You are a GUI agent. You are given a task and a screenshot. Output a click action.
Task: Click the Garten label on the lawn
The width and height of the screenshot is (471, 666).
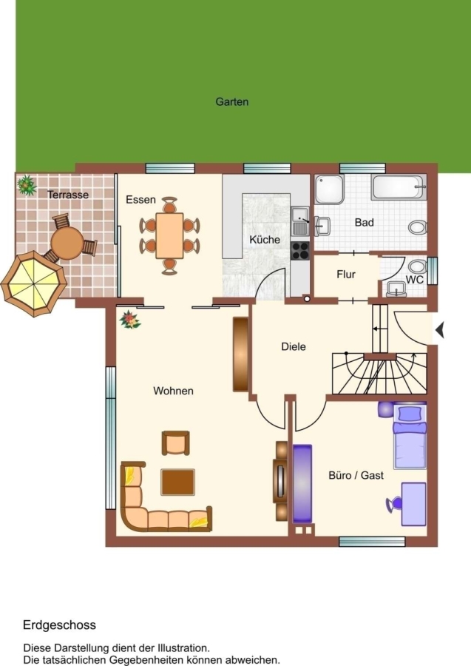click(231, 102)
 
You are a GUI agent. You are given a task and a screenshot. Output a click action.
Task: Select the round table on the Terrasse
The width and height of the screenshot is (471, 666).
click(67, 243)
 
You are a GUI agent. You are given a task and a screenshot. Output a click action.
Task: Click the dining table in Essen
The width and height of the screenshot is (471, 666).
click(169, 236)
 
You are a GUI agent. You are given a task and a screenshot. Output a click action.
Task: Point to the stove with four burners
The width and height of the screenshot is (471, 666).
click(300, 250)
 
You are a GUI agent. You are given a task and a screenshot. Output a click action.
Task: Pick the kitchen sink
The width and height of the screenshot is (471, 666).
click(300, 221)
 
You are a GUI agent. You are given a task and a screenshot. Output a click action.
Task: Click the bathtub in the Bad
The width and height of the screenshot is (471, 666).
click(399, 187)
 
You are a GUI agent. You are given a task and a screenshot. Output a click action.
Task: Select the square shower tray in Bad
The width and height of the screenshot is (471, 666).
click(329, 189)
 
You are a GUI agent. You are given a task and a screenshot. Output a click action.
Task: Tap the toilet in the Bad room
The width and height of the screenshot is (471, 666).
click(419, 227)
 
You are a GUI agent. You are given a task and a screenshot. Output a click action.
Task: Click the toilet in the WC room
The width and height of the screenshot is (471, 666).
click(418, 266)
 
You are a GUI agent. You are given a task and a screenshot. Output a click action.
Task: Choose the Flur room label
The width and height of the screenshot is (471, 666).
click(346, 275)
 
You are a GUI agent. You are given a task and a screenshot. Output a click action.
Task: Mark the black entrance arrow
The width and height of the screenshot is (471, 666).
click(440, 329)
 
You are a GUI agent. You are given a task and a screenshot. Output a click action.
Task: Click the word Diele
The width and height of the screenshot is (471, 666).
click(294, 346)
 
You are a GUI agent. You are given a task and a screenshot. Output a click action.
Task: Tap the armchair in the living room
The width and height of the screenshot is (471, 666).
click(176, 443)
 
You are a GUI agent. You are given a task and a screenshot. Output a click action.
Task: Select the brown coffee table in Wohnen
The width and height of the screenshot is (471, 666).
click(177, 482)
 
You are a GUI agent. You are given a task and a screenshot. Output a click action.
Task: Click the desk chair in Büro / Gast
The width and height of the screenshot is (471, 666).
click(394, 504)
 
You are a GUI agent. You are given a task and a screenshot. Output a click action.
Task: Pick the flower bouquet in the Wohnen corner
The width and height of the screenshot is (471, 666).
click(130, 320)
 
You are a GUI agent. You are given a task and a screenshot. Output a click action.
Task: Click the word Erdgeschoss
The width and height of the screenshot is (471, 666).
click(59, 625)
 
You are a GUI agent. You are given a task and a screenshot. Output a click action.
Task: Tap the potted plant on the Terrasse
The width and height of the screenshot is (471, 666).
click(27, 185)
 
